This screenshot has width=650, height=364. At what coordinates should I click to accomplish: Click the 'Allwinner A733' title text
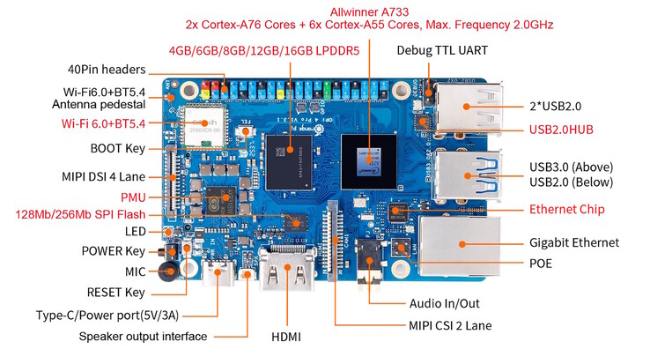[x=370, y=11]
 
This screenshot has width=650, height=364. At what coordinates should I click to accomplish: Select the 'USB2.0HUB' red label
[x=559, y=130]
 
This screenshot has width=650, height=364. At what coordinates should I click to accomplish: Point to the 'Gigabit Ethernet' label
[x=574, y=242]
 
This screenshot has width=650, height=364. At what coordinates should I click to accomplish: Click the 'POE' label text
[x=542, y=264]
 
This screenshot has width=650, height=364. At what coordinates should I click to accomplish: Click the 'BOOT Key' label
[x=117, y=148]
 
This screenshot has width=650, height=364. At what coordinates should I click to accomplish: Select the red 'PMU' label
[x=133, y=197]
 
